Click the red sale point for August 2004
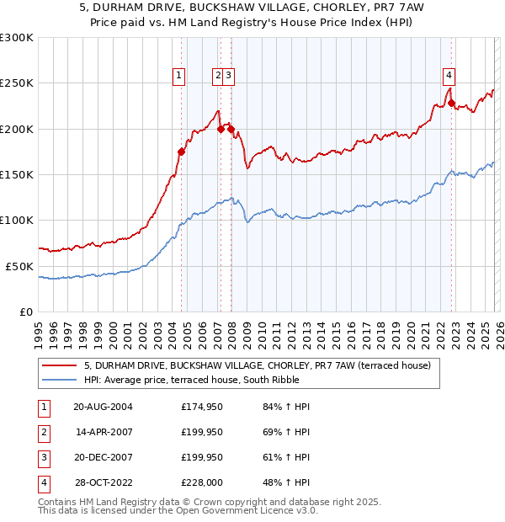(181, 152)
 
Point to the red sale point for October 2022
(452, 104)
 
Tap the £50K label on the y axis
(19, 266)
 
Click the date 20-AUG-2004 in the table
(103, 407)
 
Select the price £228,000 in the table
(202, 483)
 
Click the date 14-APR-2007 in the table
(103, 433)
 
